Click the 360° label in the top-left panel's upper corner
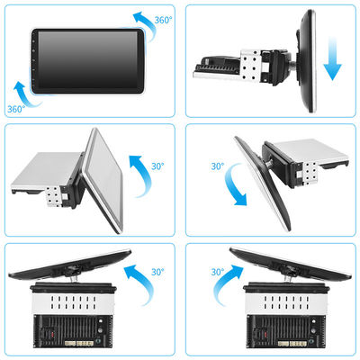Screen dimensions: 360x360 (x=164, y=20)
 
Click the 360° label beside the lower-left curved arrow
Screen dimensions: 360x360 (x=16, y=109)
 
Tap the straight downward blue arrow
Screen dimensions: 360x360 (x=333, y=58)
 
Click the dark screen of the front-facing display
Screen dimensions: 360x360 (x=86, y=59)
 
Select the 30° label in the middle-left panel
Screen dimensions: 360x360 (x=157, y=166)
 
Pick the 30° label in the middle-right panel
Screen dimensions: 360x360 (x=218, y=166)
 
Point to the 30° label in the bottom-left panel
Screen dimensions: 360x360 (x=157, y=272)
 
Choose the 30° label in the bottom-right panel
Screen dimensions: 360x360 (x=218, y=272)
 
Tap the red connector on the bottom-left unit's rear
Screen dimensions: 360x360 (x=53, y=334)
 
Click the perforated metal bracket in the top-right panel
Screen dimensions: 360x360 (x=249, y=66)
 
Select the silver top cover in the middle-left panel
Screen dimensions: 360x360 (x=47, y=170)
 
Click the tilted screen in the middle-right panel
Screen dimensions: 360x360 (x=262, y=184)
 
